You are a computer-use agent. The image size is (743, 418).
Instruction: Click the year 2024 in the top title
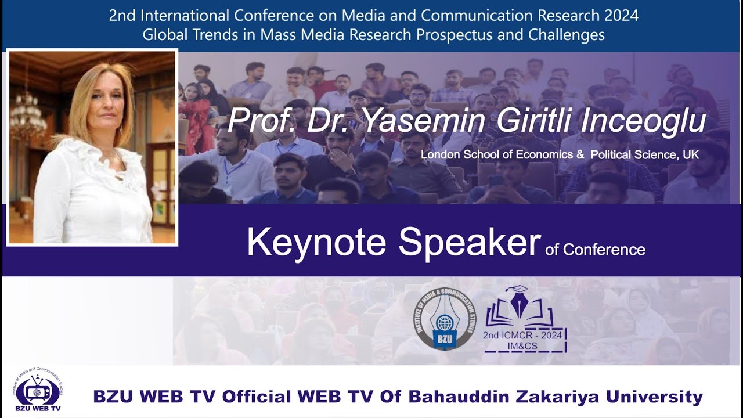point(619,16)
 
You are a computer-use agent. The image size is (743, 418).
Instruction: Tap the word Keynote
point(316,242)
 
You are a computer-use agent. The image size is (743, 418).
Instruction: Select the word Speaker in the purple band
point(469,242)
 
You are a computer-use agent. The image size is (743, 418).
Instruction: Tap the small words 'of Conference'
point(595,250)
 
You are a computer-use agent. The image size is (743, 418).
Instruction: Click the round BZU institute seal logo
point(445,319)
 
